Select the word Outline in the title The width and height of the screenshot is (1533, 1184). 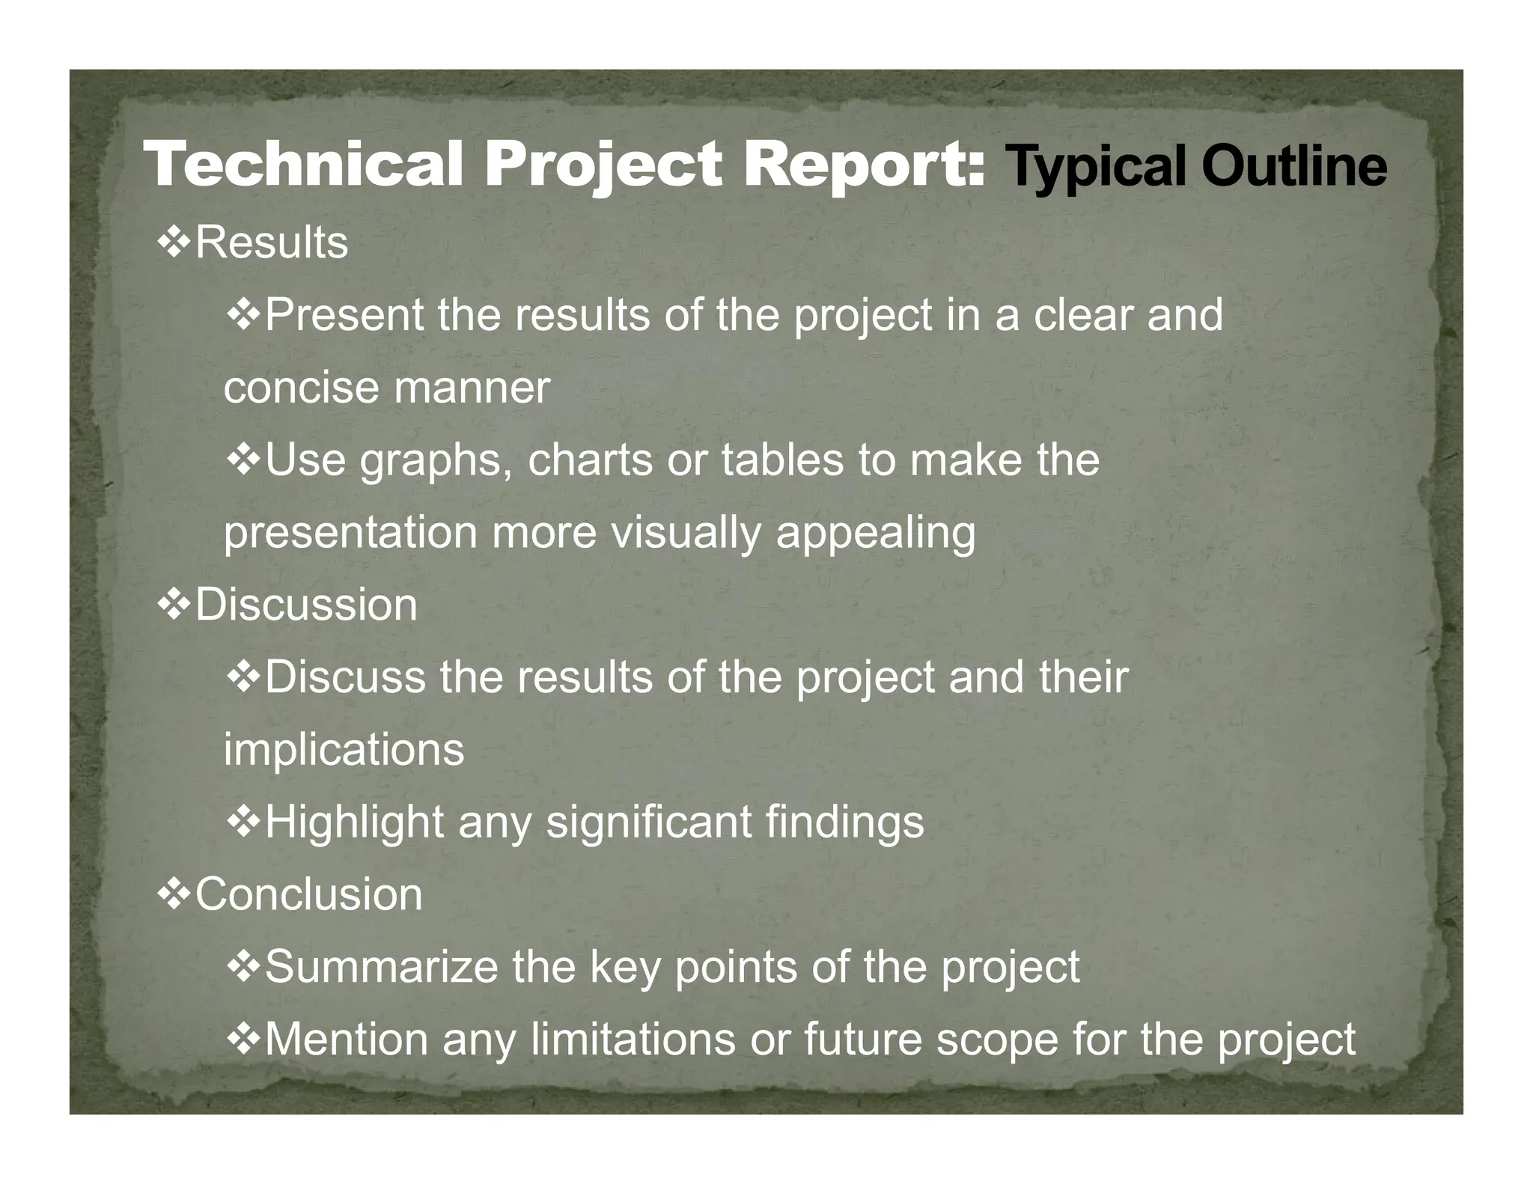pos(1294,166)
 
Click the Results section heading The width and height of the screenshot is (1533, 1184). pos(271,242)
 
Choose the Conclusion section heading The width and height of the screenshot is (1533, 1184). pos(308,894)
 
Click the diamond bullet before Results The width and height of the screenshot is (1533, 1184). pos(173,243)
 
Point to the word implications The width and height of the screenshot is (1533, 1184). pos(344,751)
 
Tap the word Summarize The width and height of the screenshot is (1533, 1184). pos(382,966)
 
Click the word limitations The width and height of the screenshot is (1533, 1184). pos(633,1039)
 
